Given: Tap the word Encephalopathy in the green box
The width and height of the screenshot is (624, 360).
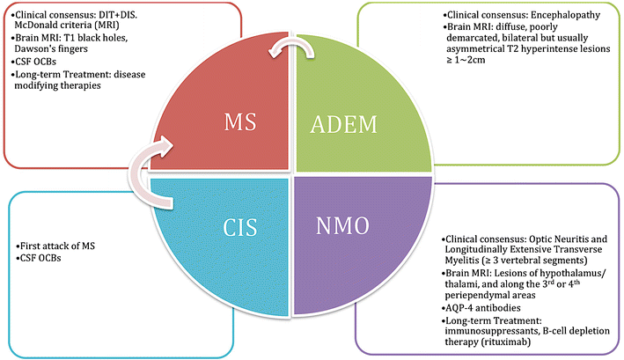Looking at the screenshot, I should [554, 15].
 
